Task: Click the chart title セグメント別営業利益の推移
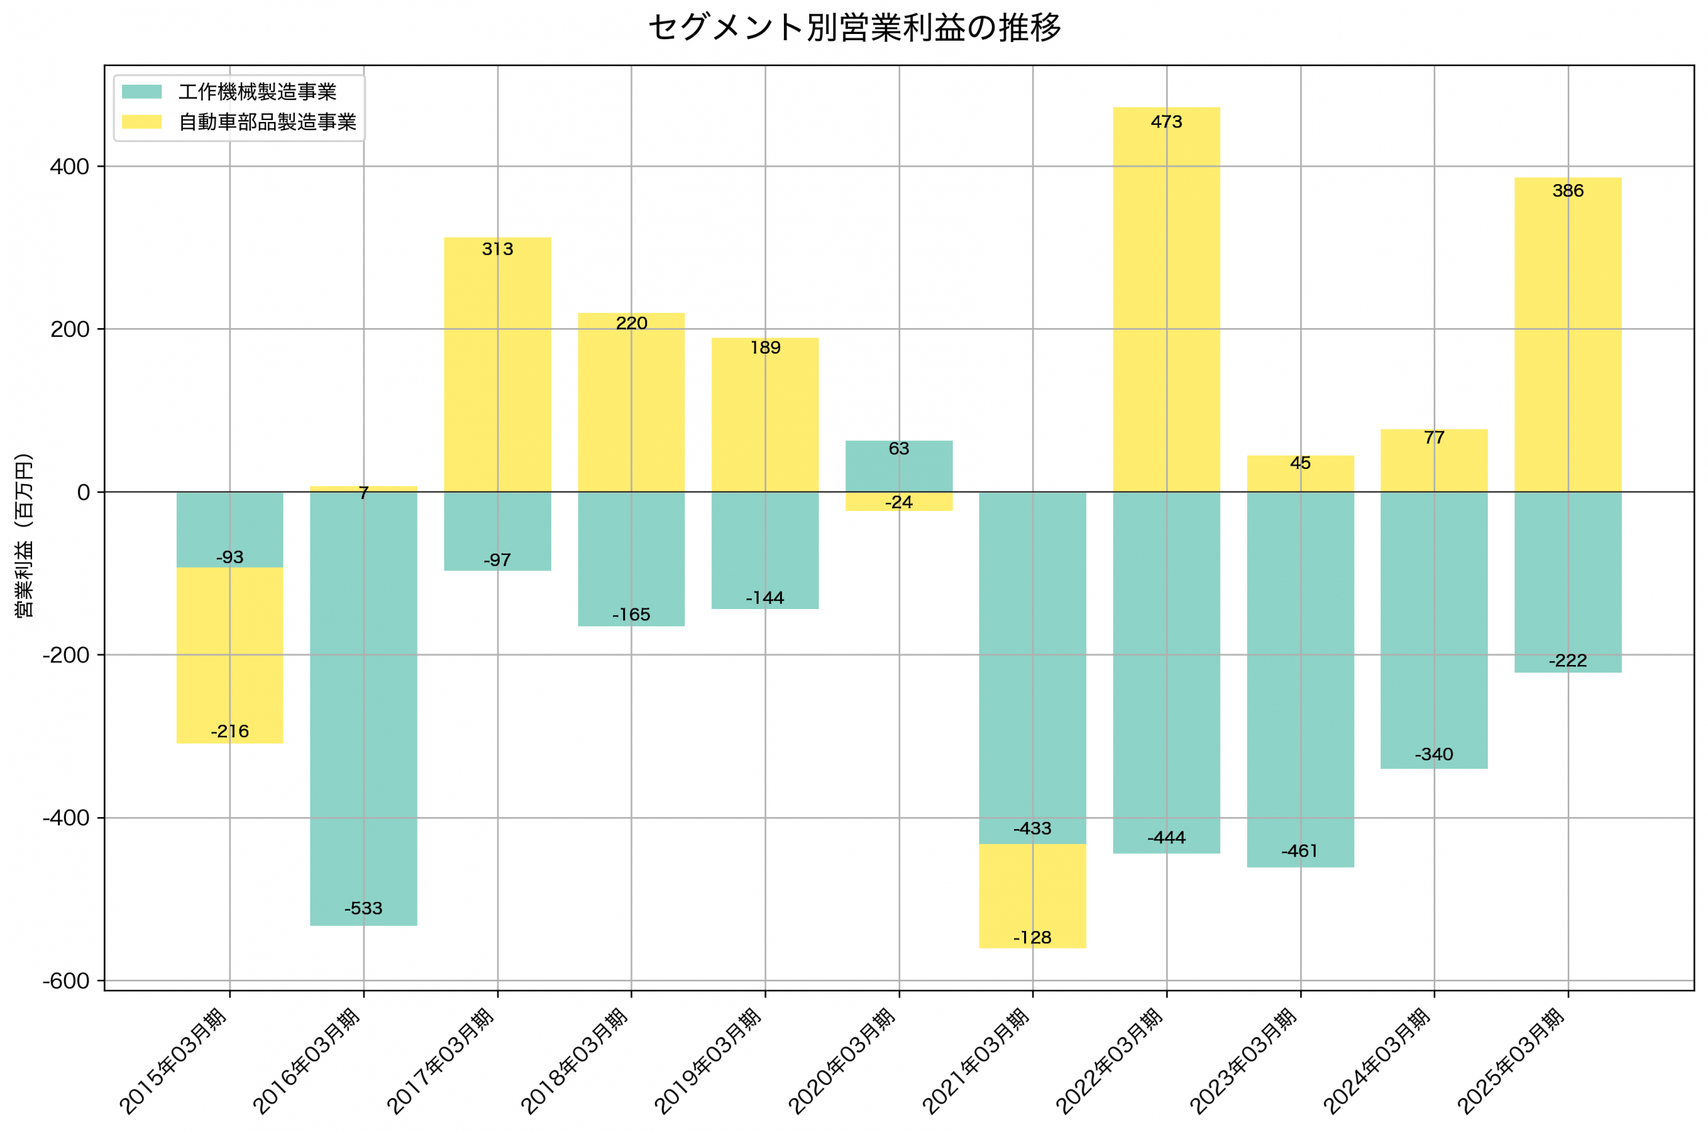click(854, 28)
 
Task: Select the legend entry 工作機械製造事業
click(257, 91)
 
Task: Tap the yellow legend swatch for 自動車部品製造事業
click(141, 122)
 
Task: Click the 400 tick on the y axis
click(69, 167)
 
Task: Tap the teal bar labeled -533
click(363, 708)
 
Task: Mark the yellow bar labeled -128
click(1032, 895)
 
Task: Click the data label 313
click(497, 249)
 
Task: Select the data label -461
click(1300, 851)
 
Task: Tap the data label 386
click(1567, 191)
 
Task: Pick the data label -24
click(899, 502)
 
